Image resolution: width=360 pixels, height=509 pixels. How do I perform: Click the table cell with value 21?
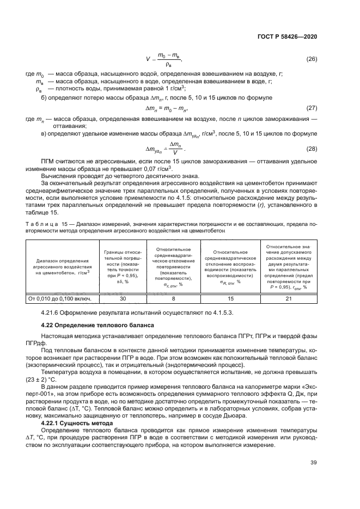click(x=288, y=298)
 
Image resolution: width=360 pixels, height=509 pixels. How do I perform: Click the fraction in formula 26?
click(x=168, y=59)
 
